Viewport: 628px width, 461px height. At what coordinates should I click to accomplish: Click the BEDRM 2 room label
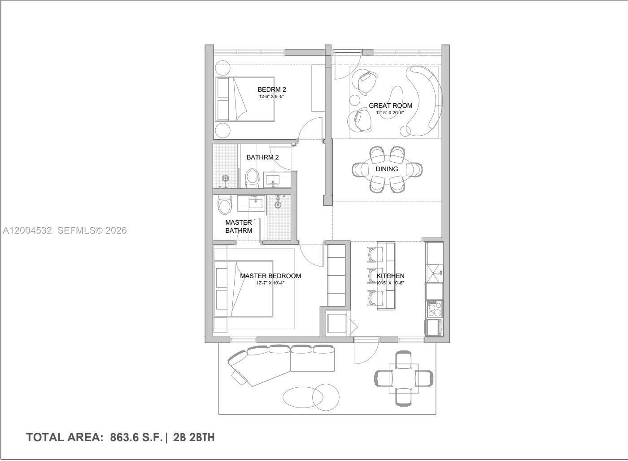pyautogui.click(x=271, y=89)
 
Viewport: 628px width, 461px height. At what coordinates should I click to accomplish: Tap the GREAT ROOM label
pyautogui.click(x=390, y=106)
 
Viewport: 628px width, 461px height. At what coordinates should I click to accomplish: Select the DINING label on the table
pyautogui.click(x=387, y=169)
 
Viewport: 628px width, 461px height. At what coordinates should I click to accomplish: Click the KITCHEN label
pyautogui.click(x=390, y=276)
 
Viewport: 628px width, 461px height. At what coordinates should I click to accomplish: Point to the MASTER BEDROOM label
pyautogui.click(x=270, y=276)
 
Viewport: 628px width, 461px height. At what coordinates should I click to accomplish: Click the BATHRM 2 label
pyautogui.click(x=262, y=157)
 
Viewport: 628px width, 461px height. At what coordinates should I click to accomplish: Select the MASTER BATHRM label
pyautogui.click(x=239, y=226)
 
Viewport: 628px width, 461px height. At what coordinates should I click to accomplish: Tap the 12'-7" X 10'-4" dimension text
pyautogui.click(x=270, y=283)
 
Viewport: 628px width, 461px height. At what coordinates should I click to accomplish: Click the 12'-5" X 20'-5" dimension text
pyautogui.click(x=390, y=112)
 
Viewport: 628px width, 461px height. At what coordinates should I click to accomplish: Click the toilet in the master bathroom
pyautogui.click(x=224, y=205)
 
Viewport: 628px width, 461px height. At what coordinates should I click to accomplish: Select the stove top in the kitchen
pyautogui.click(x=434, y=309)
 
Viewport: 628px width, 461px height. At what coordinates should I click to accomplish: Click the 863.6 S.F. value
pyautogui.click(x=136, y=437)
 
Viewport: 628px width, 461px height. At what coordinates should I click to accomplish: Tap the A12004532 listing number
pyautogui.click(x=27, y=230)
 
